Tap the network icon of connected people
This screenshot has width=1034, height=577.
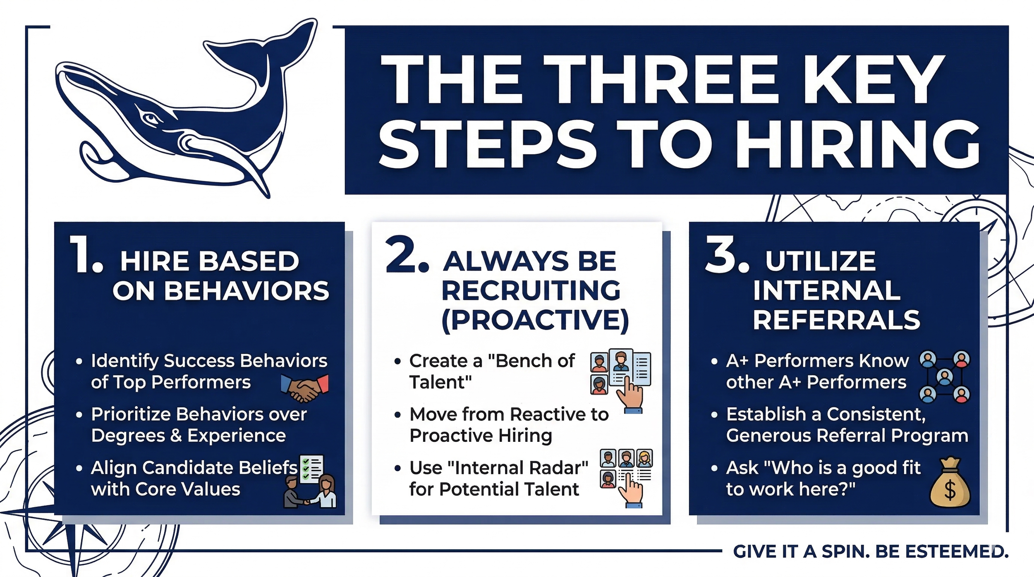tap(945, 377)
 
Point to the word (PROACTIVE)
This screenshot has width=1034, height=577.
tap(535, 320)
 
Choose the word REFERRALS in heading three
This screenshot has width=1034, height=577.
tap(836, 320)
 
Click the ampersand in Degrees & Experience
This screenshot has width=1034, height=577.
tap(177, 436)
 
